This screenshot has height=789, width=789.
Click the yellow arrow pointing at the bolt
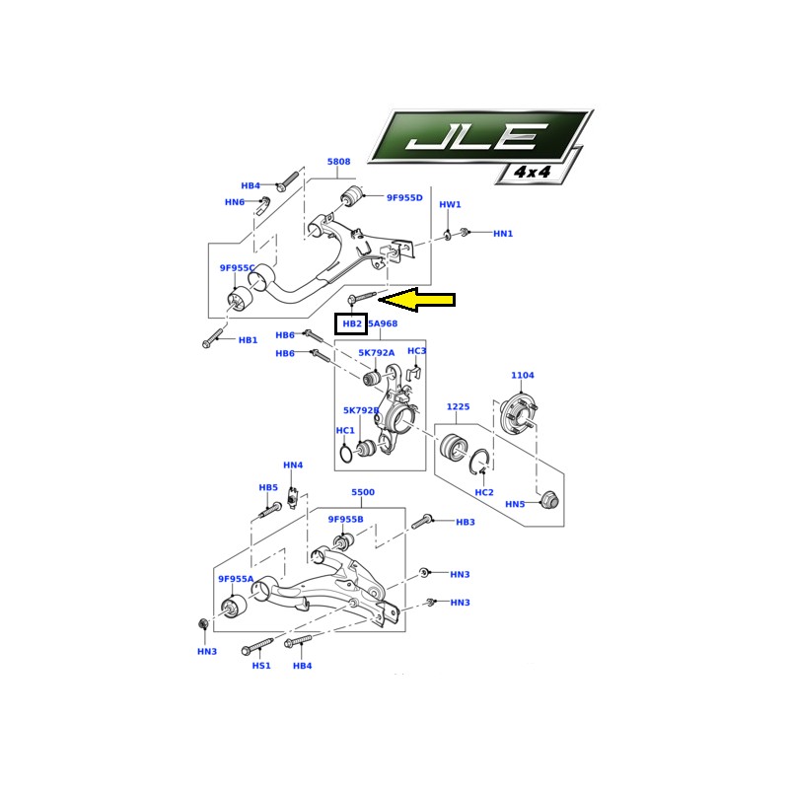[419, 299]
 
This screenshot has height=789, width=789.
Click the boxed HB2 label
[351, 323]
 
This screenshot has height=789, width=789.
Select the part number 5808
[338, 162]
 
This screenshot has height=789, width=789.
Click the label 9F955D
[404, 198]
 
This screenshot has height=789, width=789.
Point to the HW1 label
[450, 205]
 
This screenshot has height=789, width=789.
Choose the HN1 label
[503, 234]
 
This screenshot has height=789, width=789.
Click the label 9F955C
[237, 268]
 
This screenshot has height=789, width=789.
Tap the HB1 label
[248, 340]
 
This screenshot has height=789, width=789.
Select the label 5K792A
[376, 352]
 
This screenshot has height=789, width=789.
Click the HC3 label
[417, 351]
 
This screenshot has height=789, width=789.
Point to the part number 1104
[522, 376]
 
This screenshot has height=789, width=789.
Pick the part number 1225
[458, 406]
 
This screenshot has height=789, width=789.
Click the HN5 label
[515, 504]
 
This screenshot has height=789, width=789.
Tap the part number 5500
[363, 492]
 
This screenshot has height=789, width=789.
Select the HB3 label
[466, 522]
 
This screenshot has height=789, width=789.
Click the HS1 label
[260, 666]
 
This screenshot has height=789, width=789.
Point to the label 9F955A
[237, 580]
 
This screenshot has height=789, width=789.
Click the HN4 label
[293, 466]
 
